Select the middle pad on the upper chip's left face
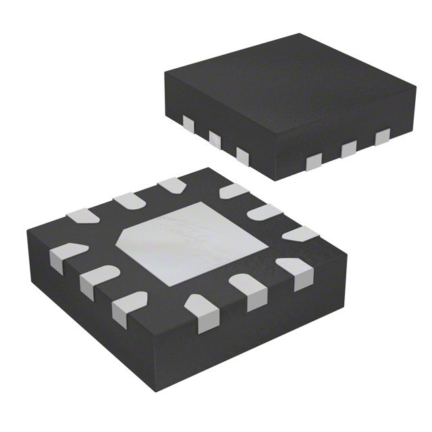pos(215,140)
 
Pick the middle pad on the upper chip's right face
pos(348,148)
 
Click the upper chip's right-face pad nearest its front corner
pos(314,161)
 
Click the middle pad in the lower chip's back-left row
pos(126,199)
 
